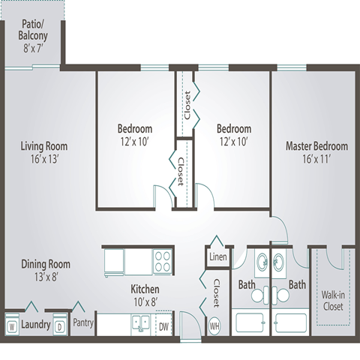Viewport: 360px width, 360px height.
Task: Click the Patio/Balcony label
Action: pos(33,30)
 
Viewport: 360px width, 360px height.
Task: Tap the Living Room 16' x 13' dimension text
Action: pos(44,159)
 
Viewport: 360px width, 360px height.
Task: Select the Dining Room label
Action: pos(46,264)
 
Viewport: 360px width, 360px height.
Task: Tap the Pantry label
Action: pos(83,322)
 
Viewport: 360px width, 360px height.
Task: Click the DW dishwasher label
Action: pos(163,326)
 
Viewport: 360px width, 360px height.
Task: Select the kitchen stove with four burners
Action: pos(163,262)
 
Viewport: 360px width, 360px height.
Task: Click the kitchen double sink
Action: pos(141,324)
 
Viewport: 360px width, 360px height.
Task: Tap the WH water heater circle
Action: pos(214,326)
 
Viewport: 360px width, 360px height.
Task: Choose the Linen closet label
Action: pos(218,256)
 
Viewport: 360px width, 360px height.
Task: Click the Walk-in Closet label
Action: pos(333,301)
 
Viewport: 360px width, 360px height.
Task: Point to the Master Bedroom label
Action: pos(317,146)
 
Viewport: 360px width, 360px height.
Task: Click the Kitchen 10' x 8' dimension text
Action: pos(145,302)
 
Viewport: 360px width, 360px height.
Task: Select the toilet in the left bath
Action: pos(260,295)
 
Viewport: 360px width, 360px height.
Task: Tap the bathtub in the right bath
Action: pos(290,322)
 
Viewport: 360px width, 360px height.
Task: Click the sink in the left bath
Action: pos(262,262)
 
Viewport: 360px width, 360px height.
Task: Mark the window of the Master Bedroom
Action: pos(292,67)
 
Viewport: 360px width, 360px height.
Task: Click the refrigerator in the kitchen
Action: pos(114,262)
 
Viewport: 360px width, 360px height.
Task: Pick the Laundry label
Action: pos(36,325)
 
